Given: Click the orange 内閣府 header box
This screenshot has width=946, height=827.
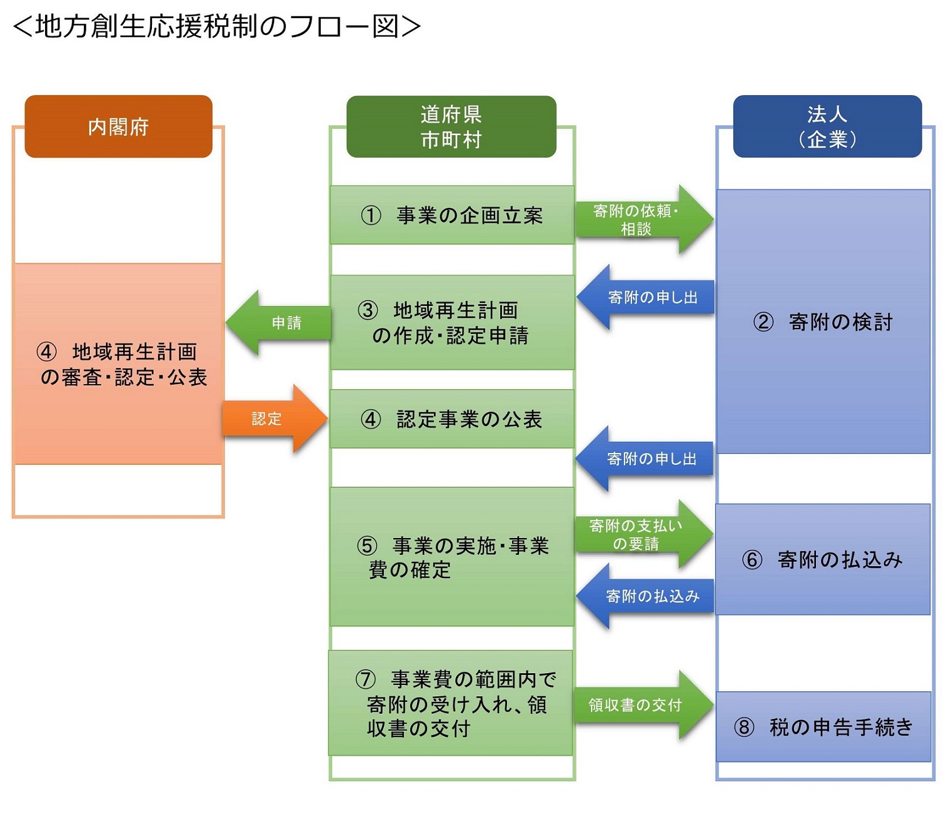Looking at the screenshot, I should pyautogui.click(x=118, y=126).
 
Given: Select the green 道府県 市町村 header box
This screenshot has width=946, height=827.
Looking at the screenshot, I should pyautogui.click(x=451, y=126).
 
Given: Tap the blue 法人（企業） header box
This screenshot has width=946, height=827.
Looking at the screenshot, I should pyautogui.click(x=827, y=126).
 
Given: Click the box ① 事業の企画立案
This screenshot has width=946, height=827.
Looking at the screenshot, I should pyautogui.click(x=451, y=215).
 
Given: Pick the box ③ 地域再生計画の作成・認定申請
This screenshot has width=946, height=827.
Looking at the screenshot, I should pyautogui.click(x=451, y=323).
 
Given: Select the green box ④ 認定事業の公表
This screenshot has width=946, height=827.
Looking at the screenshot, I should pyautogui.click(x=451, y=419).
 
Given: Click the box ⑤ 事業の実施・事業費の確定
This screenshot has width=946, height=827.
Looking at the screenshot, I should pyautogui.click(x=451, y=557).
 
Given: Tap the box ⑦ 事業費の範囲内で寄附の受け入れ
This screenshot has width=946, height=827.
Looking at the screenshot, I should pyautogui.click(x=450, y=703).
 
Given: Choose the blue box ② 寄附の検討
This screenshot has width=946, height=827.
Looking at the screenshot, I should pyautogui.click(x=823, y=322).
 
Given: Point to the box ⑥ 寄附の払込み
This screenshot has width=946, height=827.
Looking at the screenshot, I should pyautogui.click(x=823, y=559).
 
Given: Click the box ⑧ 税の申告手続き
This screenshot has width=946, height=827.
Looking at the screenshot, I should pyautogui.click(x=823, y=727).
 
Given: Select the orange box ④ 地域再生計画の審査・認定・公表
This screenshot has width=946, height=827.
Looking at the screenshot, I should pyautogui.click(x=118, y=364).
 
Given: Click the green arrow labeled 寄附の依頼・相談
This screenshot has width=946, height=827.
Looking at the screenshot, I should pyautogui.click(x=641, y=220).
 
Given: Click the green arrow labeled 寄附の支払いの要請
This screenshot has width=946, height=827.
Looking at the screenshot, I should pyautogui.click(x=641, y=534).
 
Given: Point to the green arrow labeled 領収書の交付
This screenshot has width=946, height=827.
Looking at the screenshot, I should pyautogui.click(x=641, y=705).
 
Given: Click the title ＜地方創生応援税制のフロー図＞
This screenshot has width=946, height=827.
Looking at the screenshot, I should pyautogui.click(x=216, y=26).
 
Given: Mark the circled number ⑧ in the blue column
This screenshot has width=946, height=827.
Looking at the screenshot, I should pyautogui.click(x=743, y=727).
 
